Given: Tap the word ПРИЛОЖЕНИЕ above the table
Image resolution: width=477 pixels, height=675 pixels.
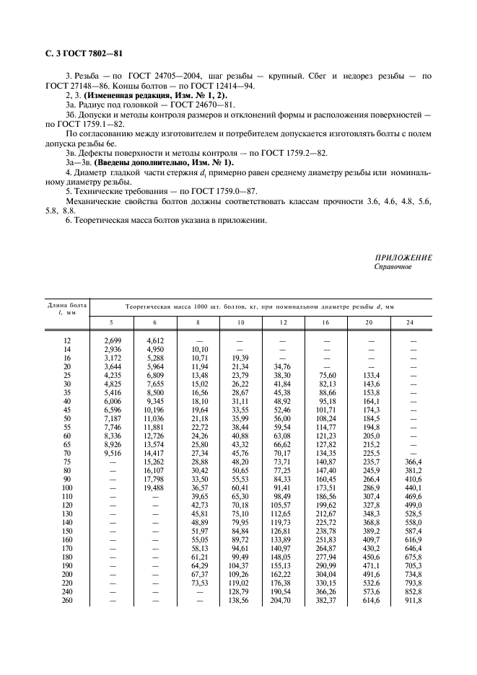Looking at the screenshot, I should click(403, 258).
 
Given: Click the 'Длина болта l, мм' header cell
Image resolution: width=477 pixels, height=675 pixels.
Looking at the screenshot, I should click(66, 309).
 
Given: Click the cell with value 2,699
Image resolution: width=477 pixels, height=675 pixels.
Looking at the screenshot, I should click(111, 338).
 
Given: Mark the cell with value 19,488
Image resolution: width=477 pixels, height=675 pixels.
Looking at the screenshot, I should click(155, 487).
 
